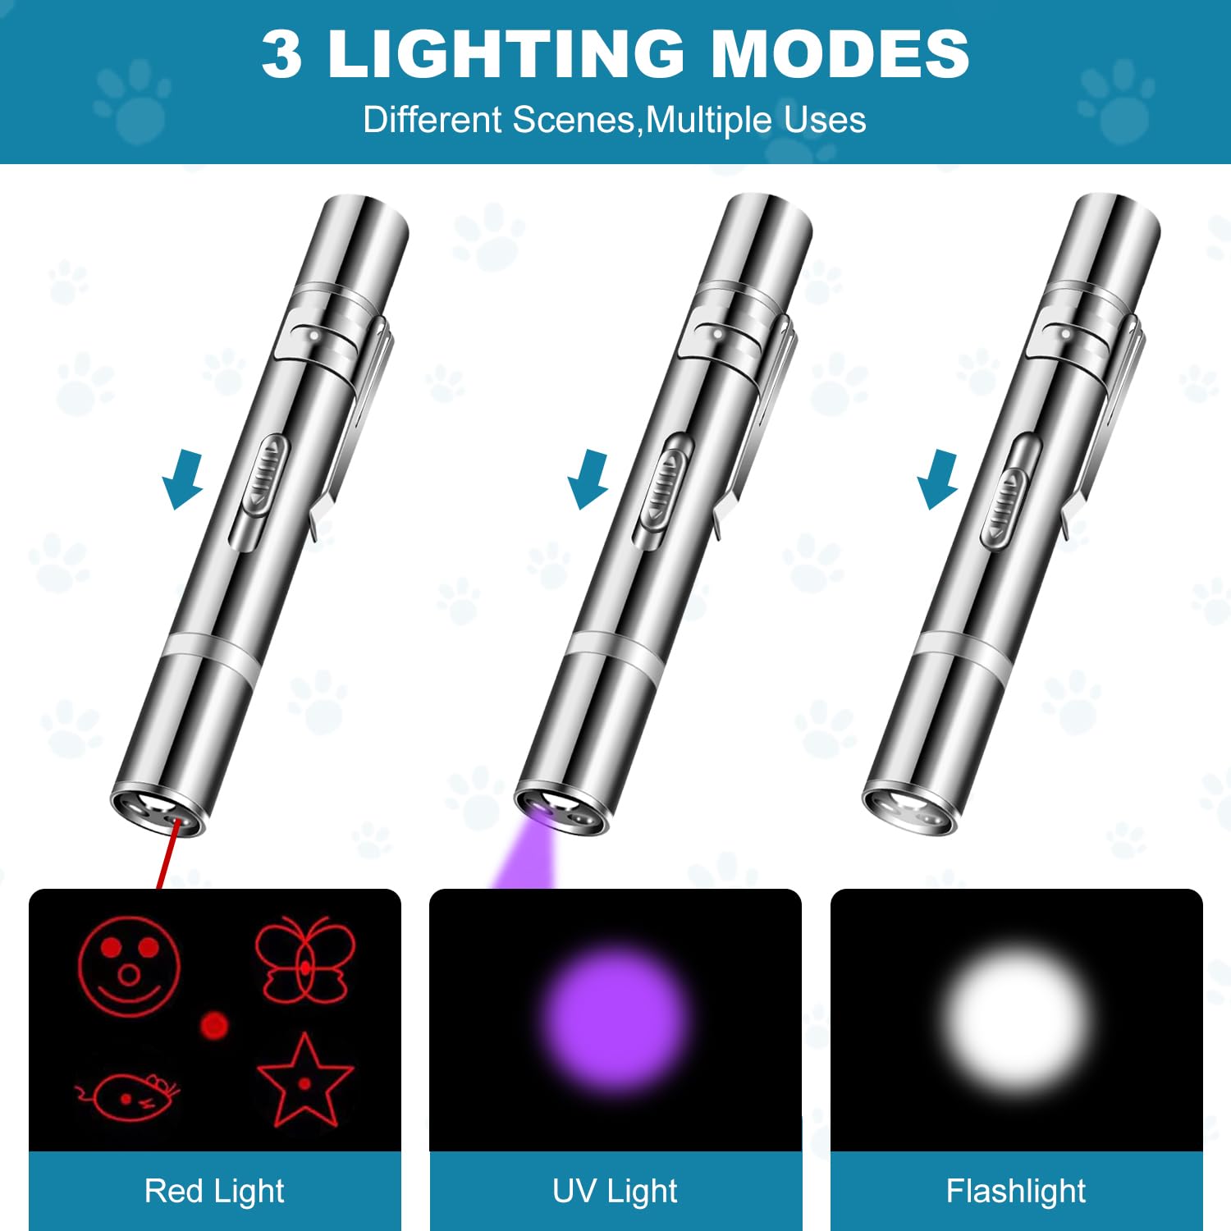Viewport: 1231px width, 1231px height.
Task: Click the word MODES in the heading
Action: pos(840,54)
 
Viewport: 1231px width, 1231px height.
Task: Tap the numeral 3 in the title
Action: pos(281,54)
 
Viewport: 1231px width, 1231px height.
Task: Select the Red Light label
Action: pos(214,1191)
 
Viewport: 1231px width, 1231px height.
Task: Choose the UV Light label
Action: pos(615,1191)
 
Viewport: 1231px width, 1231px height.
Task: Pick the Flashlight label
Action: pos(1016,1191)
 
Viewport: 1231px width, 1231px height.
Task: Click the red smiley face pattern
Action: pos(129,967)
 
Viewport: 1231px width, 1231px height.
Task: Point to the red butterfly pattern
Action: pos(305,960)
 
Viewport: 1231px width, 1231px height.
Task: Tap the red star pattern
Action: pos(304,1082)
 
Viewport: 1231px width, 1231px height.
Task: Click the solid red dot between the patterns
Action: pos(214,1025)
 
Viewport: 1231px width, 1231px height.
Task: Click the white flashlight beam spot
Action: pos(1016,1016)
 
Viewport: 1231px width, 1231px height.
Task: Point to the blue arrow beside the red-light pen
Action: pos(183,479)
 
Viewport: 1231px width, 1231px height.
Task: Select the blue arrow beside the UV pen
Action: pos(588,479)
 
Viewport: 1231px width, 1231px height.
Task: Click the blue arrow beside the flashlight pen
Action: pos(938,479)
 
